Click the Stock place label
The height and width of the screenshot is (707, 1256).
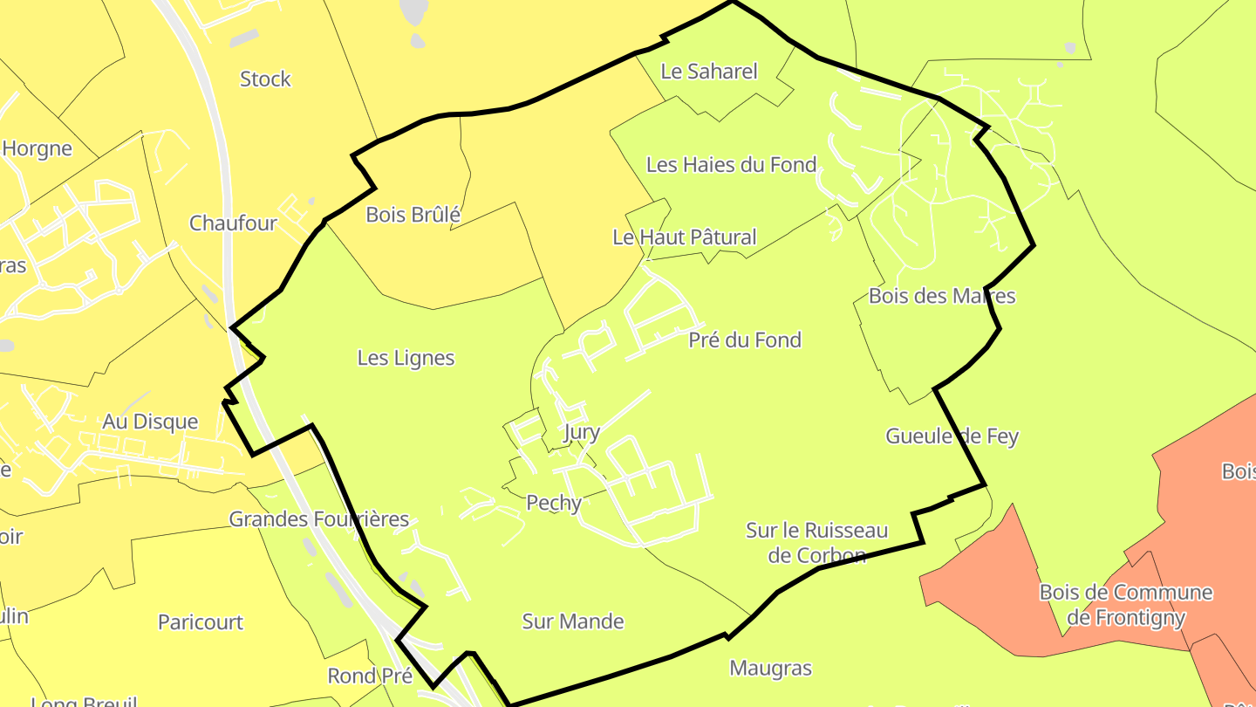tap(265, 79)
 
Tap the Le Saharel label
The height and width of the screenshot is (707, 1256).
tap(709, 72)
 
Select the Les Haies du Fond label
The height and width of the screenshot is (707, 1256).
tap(731, 165)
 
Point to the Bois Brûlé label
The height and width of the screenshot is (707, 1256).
tap(413, 215)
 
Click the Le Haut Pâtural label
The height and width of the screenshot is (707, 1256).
tap(684, 237)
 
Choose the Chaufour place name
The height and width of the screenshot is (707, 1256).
tap(233, 223)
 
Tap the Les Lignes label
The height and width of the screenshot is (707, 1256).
tap(406, 358)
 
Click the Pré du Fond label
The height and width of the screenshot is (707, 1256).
tap(745, 340)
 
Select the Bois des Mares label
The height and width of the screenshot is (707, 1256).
tap(942, 296)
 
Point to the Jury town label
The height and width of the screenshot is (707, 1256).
tap(582, 433)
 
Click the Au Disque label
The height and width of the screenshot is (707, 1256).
tap(150, 422)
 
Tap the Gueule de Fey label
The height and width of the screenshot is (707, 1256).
tap(952, 436)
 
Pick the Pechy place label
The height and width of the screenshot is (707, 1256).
tap(554, 503)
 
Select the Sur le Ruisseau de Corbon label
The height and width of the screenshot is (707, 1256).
tap(816, 543)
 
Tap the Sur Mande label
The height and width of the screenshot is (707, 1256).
tap(573, 621)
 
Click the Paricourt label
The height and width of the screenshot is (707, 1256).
tap(201, 623)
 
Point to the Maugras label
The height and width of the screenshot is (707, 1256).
tap(770, 669)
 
